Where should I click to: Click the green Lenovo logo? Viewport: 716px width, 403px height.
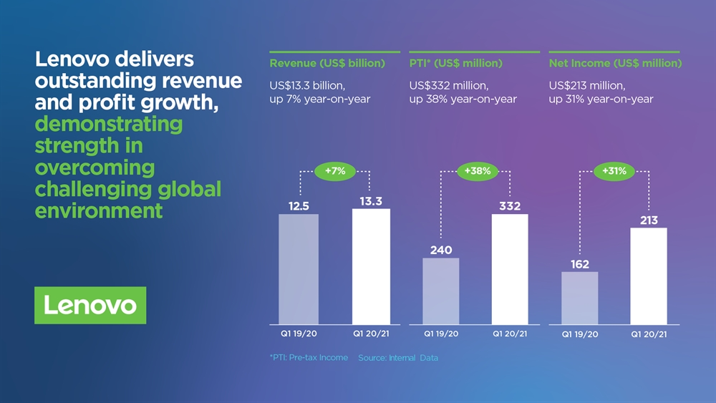(90, 306)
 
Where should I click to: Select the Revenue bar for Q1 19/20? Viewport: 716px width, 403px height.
(298, 269)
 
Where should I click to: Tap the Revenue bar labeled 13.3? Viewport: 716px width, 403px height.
(371, 266)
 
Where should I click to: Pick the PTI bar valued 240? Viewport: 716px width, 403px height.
(441, 291)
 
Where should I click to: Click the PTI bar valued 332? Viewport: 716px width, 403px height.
(510, 269)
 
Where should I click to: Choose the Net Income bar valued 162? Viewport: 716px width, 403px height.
(580, 298)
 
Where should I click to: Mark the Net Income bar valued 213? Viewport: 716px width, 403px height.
(649, 276)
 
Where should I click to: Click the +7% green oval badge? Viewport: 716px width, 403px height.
(334, 171)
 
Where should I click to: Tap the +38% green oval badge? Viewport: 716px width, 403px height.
(477, 171)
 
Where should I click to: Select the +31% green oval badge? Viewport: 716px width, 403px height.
(614, 171)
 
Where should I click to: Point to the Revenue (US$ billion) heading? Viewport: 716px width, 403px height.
(327, 63)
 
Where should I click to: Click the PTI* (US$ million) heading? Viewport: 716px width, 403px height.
(456, 63)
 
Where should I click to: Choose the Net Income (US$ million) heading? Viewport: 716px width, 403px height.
(615, 63)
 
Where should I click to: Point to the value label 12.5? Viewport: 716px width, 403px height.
(299, 206)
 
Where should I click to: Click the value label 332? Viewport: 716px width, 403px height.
(509, 206)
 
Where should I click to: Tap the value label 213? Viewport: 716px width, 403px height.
(649, 220)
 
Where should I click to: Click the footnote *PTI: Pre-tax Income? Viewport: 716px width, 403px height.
(309, 358)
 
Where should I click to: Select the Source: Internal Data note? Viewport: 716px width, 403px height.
(398, 358)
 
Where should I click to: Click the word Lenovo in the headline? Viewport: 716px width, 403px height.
(75, 60)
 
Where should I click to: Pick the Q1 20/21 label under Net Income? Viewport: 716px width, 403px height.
(649, 334)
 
